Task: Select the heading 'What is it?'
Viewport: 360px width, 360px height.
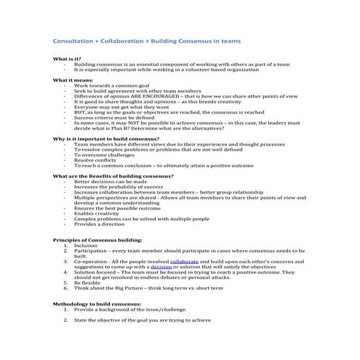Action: pos(68,58)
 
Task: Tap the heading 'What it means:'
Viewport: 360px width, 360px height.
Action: pos(72,79)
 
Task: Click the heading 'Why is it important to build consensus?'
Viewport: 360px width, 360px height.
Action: pos(107,137)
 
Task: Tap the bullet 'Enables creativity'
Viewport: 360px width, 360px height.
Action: pos(98,213)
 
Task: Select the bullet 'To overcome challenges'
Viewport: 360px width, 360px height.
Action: pos(105,154)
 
